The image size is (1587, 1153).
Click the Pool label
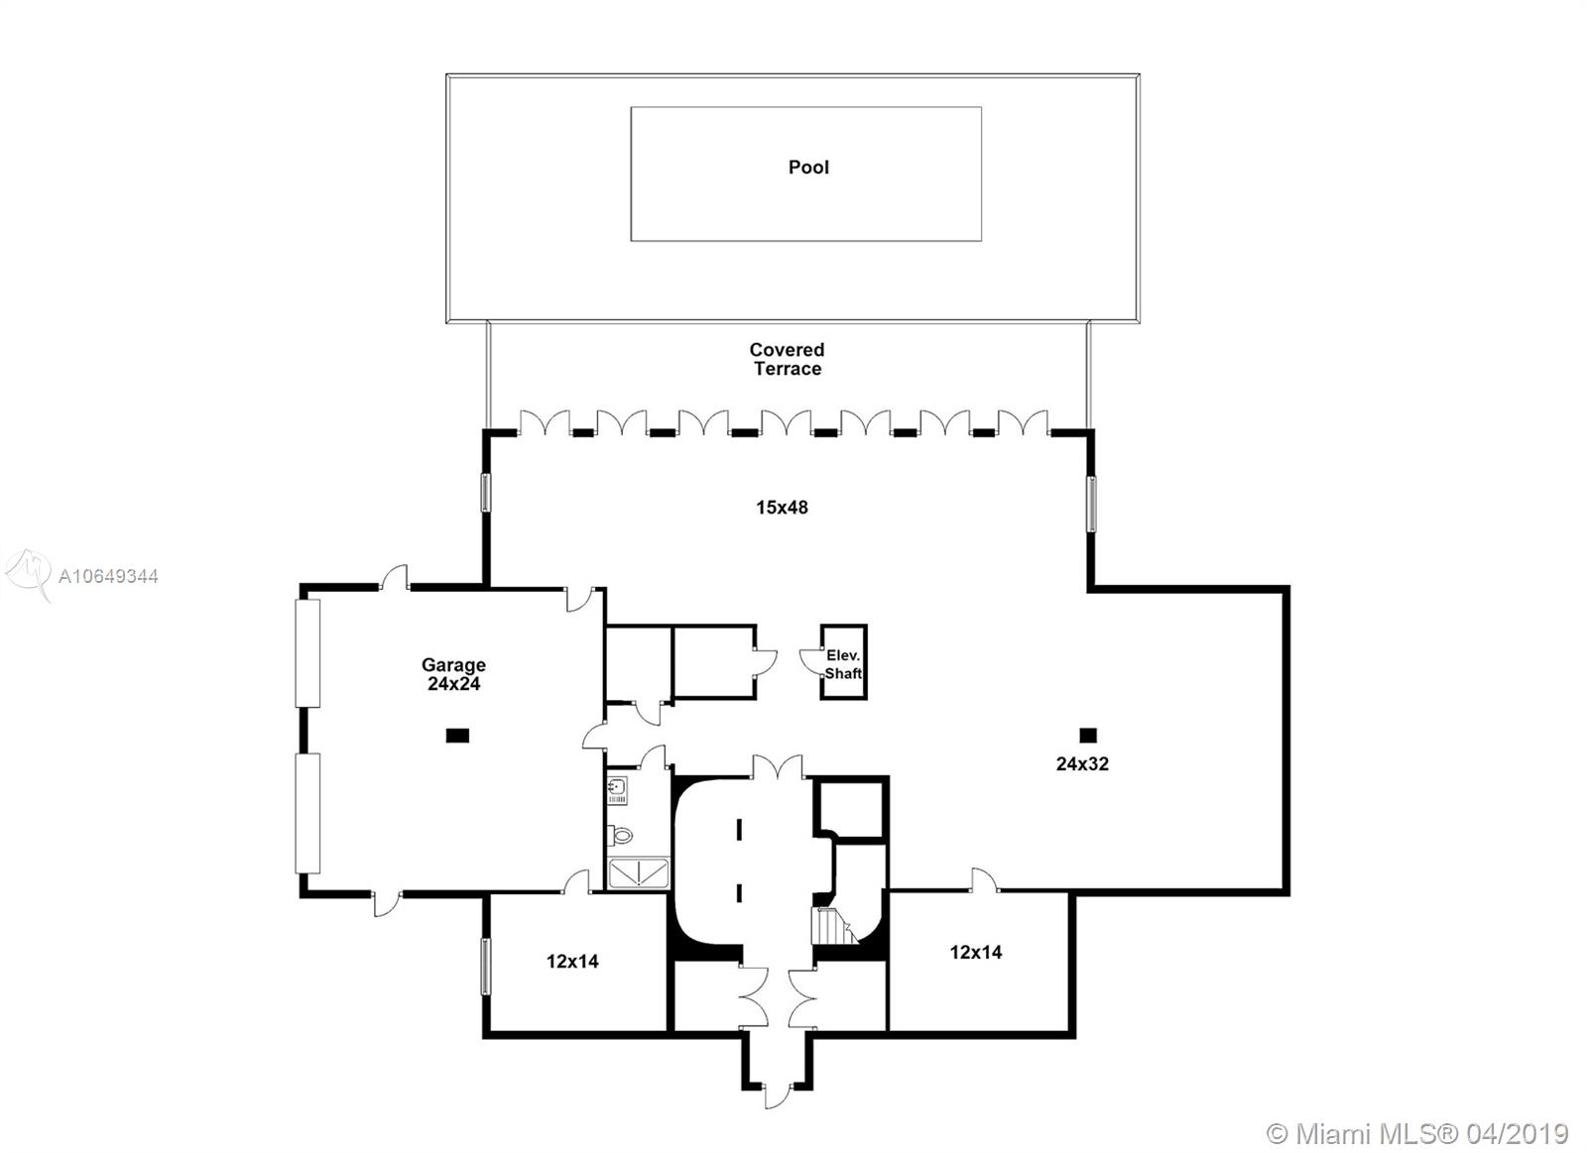[x=808, y=168]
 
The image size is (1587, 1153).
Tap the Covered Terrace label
[x=788, y=359]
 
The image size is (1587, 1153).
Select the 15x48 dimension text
[x=782, y=507]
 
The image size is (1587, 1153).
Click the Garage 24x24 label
[x=453, y=674]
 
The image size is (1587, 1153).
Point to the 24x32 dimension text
[x=1082, y=763]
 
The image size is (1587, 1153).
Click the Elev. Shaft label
[x=843, y=664]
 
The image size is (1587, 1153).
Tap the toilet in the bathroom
[x=620, y=835]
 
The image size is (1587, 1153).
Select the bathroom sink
[x=617, y=790]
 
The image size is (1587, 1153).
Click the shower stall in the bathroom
[x=639, y=873]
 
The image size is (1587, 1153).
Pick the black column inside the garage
[x=457, y=736]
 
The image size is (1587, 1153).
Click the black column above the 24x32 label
[x=1088, y=736]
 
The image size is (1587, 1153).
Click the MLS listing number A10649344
[x=108, y=577]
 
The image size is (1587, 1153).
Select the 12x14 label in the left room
[x=572, y=961]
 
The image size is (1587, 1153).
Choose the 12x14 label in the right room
[x=976, y=952]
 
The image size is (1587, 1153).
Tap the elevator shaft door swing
[x=810, y=660]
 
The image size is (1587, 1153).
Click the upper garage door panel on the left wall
[x=307, y=652]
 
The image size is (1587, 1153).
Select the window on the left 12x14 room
[x=486, y=966]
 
